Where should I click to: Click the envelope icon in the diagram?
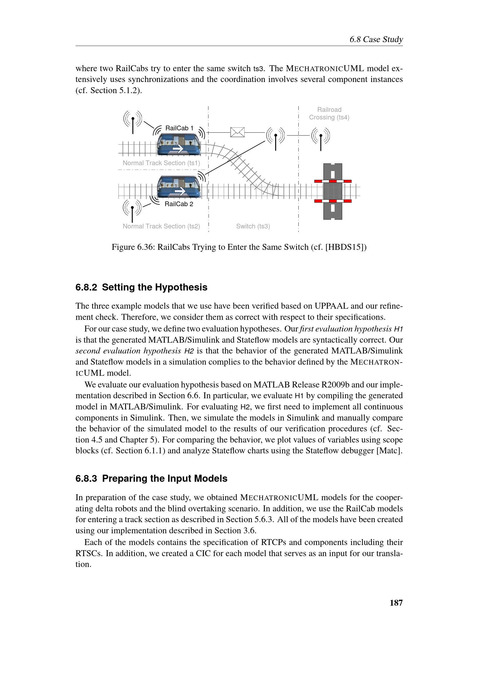pos(238,132)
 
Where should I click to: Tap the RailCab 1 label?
pos(179,128)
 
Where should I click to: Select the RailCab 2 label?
pos(179,204)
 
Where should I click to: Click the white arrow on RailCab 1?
pos(178,148)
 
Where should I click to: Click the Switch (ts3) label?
pos(253,226)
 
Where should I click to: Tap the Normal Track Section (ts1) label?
pos(161,163)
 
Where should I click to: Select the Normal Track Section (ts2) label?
pos(161,226)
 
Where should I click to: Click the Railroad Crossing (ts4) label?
pos(329,113)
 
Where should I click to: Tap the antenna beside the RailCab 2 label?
pos(132,209)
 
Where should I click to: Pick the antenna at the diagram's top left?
pos(133,121)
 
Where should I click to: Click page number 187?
pos(396,603)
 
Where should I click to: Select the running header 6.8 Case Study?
pos(376,39)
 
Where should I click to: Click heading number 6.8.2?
pos(86,287)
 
